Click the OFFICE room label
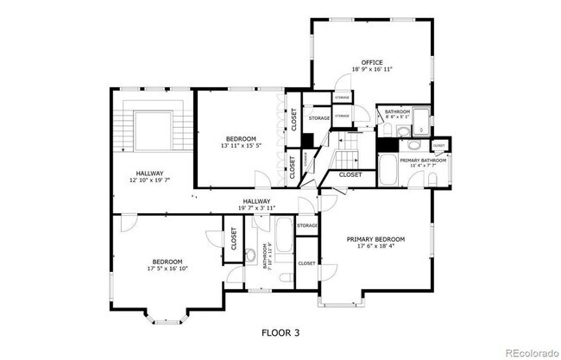[372, 62]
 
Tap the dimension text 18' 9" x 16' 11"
[372, 70]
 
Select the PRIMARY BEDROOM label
[375, 239]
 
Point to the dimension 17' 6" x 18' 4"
[375, 247]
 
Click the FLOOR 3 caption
[280, 331]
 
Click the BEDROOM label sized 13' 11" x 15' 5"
[241, 139]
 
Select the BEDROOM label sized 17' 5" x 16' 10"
[167, 262]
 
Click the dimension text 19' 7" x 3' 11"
[257, 208]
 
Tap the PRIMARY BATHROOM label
[422, 161]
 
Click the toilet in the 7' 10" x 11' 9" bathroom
[250, 255]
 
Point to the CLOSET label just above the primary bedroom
[350, 174]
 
